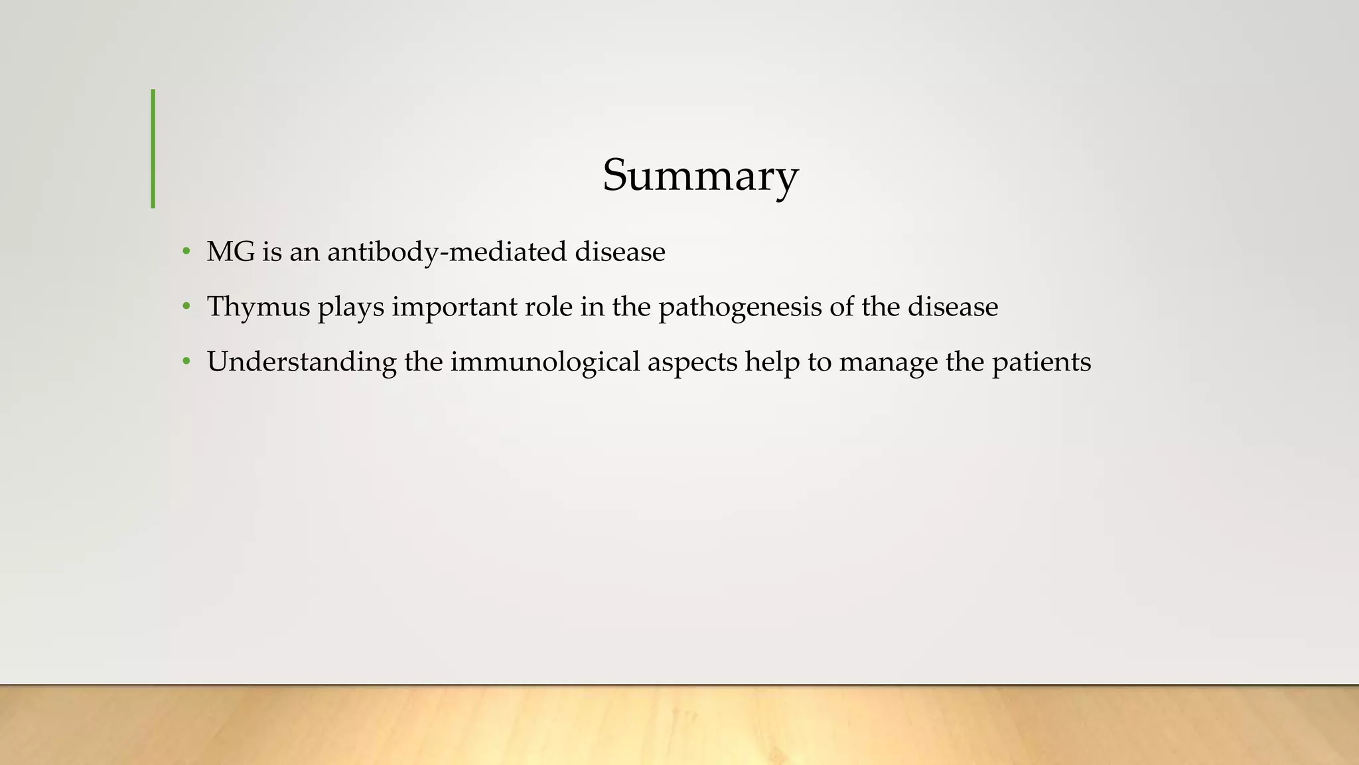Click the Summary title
coord(700,175)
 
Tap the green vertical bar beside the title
coord(153,149)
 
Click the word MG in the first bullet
coord(230,252)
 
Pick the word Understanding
coord(301,362)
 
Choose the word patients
coord(1041,362)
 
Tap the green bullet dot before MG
coord(186,252)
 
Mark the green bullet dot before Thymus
coord(186,307)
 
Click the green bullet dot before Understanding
coord(186,362)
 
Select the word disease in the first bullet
coord(620,252)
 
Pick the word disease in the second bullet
coord(953,307)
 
